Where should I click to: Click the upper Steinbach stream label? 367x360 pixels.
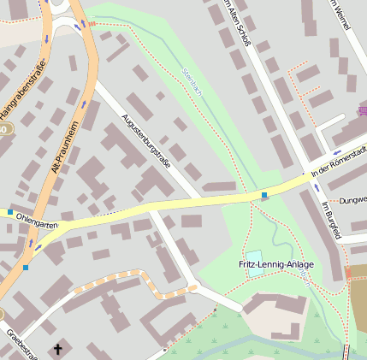click(x=190, y=82)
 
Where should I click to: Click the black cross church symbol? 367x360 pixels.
click(x=58, y=348)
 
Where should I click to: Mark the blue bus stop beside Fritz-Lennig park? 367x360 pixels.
click(x=264, y=196)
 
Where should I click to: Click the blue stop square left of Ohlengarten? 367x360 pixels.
click(x=10, y=211)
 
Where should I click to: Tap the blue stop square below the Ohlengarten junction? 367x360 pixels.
click(x=26, y=268)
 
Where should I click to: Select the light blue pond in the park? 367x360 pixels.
click(x=254, y=257)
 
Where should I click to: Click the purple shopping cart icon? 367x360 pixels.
click(x=362, y=111)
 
